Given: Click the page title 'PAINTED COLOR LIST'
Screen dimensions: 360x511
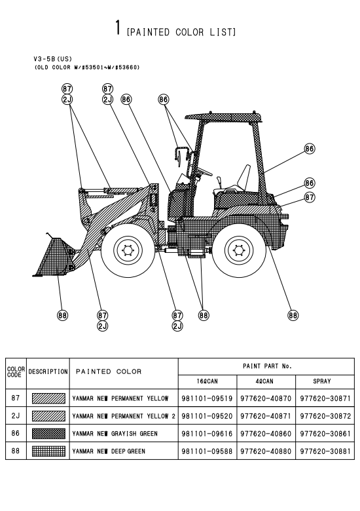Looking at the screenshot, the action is tap(181, 32).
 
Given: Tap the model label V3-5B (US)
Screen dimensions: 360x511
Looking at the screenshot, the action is tap(53, 59).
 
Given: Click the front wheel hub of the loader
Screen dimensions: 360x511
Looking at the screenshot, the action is tap(127, 250).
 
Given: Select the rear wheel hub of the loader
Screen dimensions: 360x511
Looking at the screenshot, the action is tap(239, 250).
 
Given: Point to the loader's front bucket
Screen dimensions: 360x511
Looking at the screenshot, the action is tap(54, 257).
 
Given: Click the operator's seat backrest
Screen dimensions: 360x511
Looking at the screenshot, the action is tap(244, 178).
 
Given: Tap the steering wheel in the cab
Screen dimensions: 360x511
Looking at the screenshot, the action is tap(204, 170).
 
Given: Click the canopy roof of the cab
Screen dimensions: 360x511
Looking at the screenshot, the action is tap(223, 118).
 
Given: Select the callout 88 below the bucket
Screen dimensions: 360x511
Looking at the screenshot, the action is tap(62, 315).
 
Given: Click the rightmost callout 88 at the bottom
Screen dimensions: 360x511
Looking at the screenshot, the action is tap(293, 315).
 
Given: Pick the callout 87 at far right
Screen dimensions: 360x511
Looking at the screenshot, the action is tap(310, 197).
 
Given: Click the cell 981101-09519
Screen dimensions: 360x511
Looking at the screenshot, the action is tap(207, 398).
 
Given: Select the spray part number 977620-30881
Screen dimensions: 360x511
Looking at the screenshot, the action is tap(325, 451).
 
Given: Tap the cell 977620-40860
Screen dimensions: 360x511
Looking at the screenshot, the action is tap(266, 434).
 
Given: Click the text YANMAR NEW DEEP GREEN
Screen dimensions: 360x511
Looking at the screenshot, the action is tap(109, 451).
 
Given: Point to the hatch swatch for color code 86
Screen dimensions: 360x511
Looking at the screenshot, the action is tap(48, 434).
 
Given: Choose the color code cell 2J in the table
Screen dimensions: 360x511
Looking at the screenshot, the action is tap(16, 416).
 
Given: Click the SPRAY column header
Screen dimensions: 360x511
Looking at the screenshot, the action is tap(322, 381).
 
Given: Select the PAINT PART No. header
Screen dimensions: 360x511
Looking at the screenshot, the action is tap(267, 366).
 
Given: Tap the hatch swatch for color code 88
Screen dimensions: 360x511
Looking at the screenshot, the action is tap(48, 451).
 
